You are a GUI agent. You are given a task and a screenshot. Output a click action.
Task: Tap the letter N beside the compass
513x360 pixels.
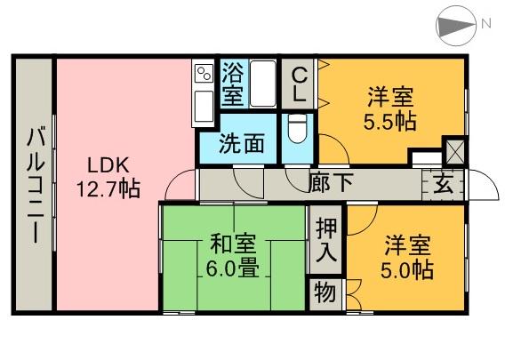click(486, 25)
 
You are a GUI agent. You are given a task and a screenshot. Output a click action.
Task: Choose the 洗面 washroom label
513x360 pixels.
click(242, 142)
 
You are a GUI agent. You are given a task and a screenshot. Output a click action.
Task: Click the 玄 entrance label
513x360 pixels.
click(442, 184)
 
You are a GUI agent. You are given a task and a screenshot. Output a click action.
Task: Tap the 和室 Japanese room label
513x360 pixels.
click(235, 243)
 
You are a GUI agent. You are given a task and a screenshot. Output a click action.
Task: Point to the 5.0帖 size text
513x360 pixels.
click(409, 269)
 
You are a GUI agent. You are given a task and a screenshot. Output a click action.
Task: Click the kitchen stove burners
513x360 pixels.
click(204, 71)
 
